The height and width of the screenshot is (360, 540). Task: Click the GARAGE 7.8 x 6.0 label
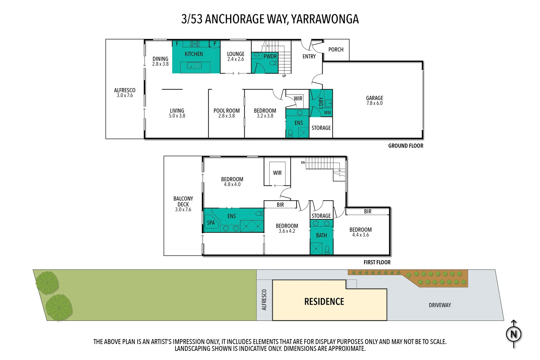point(374,101)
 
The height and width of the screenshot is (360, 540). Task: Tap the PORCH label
point(336,50)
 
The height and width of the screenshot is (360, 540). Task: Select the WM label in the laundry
point(327,113)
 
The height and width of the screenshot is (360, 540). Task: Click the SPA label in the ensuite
point(211,223)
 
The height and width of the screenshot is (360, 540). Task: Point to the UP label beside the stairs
point(284,76)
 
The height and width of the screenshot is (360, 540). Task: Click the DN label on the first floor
point(303,163)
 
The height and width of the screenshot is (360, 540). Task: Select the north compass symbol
point(514,334)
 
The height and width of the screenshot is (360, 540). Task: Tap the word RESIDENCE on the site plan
point(324,302)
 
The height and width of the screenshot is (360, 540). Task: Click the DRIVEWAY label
point(440,305)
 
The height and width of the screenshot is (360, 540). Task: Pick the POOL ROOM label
point(226,113)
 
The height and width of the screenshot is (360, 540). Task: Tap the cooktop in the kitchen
point(195,44)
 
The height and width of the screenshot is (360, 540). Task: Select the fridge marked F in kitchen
point(177,44)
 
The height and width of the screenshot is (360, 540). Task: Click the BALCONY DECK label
point(183,204)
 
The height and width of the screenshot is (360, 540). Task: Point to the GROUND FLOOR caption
point(405,146)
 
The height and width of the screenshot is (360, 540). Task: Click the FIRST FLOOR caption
point(377,262)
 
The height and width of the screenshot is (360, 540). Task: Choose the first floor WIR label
point(277,173)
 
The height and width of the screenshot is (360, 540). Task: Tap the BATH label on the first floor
point(321,235)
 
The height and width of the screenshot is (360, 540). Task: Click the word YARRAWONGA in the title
point(325,19)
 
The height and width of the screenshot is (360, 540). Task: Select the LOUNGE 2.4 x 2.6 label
point(236,56)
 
